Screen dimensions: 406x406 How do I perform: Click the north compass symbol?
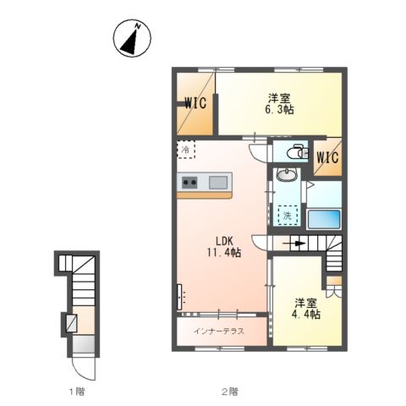click(x=132, y=38)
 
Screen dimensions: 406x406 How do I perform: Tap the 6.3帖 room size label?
click(x=279, y=104)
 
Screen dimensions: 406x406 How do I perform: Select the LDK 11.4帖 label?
click(x=224, y=247)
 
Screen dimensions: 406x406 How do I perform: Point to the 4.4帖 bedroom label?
click(x=306, y=309)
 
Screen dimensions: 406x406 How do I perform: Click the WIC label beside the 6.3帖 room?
click(x=195, y=103)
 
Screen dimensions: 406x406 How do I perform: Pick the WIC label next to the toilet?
click(x=327, y=157)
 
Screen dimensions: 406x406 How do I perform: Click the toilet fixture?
click(x=294, y=152)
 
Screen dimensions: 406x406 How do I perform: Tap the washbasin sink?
click(x=287, y=174)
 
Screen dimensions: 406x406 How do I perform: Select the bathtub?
click(x=324, y=219)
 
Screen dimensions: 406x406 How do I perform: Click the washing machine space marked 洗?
click(x=288, y=216)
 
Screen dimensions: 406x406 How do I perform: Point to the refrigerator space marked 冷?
click(x=186, y=150)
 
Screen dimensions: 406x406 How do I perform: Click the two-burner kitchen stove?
click(x=189, y=183)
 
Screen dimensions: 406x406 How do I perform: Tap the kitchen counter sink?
click(x=218, y=182)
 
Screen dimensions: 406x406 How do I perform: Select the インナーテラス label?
click(x=218, y=331)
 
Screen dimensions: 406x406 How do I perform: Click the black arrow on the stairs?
click(x=294, y=244)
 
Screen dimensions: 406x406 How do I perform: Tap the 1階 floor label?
click(x=77, y=392)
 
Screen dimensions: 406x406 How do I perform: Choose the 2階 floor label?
click(x=230, y=392)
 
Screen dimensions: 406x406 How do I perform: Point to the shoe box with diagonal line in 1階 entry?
click(x=71, y=323)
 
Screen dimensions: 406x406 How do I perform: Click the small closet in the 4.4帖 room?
click(x=334, y=286)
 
